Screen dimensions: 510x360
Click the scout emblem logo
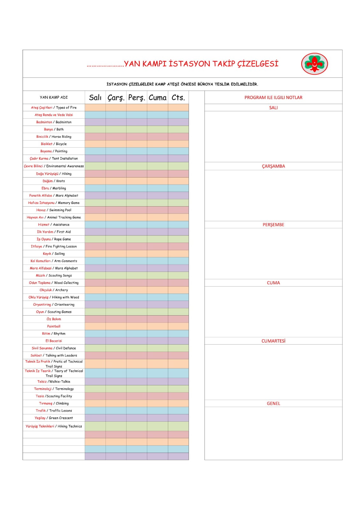click(x=314, y=64)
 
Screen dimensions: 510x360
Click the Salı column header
click(x=95, y=98)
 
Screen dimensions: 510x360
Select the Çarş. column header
click(x=116, y=98)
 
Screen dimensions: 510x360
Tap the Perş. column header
click(x=137, y=98)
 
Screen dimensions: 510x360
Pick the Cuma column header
click(x=157, y=98)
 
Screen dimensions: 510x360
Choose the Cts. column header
click(x=178, y=98)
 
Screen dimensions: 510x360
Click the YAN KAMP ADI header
click(x=54, y=98)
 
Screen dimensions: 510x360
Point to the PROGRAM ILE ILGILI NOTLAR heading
click(x=273, y=98)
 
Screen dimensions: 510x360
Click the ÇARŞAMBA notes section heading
click(x=273, y=166)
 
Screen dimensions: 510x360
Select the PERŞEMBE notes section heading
click(x=273, y=225)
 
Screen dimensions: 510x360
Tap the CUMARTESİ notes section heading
click(x=273, y=341)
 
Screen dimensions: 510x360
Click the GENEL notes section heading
click(x=273, y=404)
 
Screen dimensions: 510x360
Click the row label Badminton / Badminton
click(x=54, y=122)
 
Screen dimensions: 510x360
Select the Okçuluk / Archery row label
click(x=54, y=290)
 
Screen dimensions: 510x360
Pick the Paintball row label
click(x=54, y=326)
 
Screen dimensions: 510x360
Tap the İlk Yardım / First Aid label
click(x=54, y=232)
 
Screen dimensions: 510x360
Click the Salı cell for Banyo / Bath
click(x=95, y=129)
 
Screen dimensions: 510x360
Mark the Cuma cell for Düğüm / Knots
click(x=157, y=181)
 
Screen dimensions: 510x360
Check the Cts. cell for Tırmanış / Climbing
click(x=178, y=404)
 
